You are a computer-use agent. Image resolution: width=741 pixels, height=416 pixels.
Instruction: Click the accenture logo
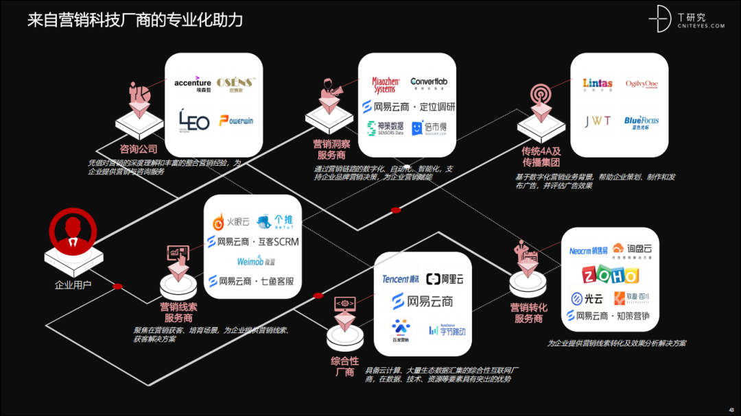pyautogui.click(x=193, y=84)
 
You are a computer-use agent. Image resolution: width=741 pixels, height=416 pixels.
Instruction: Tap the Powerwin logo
pyautogui.click(x=236, y=121)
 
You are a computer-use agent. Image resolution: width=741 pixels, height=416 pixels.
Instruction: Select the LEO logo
pyautogui.click(x=193, y=121)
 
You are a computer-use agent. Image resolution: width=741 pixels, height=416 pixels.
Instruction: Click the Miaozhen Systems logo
pyautogui.click(x=384, y=84)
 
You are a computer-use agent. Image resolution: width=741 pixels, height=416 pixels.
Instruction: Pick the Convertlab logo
pyautogui.click(x=429, y=83)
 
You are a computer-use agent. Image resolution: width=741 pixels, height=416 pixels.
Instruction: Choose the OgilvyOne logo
pyautogui.click(x=642, y=84)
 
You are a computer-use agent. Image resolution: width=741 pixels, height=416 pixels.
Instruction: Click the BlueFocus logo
pyautogui.click(x=642, y=122)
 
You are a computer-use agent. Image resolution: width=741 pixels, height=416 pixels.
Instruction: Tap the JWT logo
pyautogui.click(x=597, y=121)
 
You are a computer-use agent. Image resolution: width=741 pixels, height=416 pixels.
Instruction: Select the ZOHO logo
pyautogui.click(x=611, y=275)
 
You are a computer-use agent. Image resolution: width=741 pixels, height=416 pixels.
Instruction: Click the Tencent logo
pyautogui.click(x=401, y=279)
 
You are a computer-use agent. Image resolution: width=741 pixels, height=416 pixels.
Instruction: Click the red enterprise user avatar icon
pyautogui.click(x=72, y=232)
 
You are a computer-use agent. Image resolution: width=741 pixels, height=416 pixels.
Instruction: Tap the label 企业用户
pyautogui.click(x=73, y=284)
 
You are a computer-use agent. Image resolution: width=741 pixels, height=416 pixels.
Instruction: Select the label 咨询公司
pyautogui.click(x=139, y=149)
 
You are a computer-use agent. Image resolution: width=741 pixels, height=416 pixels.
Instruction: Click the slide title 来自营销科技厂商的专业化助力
pyautogui.click(x=135, y=20)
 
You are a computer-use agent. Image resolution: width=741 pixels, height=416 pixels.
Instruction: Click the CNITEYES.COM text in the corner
pyautogui.click(x=701, y=26)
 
